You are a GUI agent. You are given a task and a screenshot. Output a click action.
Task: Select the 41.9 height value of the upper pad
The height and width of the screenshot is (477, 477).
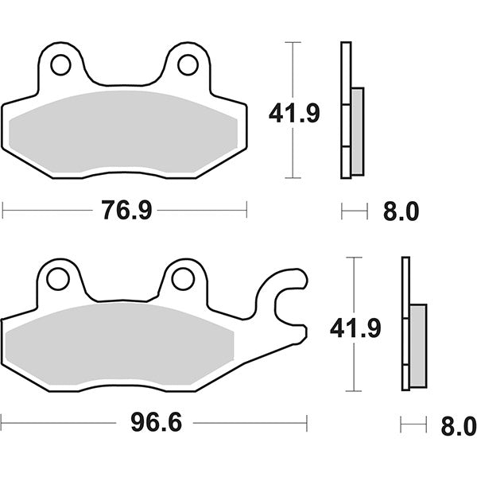[x=295, y=114]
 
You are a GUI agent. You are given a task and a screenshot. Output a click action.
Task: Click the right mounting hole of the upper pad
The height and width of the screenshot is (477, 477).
[x=188, y=64]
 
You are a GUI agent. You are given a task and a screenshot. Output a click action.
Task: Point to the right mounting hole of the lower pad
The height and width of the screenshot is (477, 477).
[x=182, y=279]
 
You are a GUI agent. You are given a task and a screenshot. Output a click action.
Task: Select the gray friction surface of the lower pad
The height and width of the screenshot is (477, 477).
[x=119, y=343]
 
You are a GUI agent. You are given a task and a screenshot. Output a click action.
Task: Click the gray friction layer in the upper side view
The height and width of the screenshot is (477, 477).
[x=357, y=131]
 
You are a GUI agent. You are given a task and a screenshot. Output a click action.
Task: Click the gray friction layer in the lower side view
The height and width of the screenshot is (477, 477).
[x=418, y=343]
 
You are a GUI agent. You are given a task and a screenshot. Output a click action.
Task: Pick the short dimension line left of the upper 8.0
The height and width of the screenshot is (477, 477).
[x=355, y=211]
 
